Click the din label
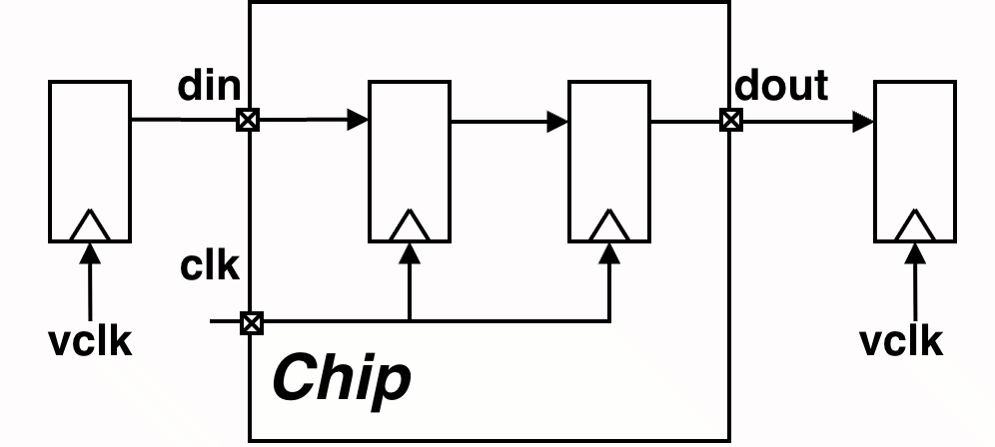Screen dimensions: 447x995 (x=209, y=86)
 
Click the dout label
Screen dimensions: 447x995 (x=781, y=86)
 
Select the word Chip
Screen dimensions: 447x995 (x=342, y=378)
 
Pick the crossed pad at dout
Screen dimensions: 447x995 (x=731, y=121)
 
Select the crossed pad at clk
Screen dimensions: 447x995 (x=252, y=322)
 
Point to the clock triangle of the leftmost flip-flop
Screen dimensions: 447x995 (x=90, y=226)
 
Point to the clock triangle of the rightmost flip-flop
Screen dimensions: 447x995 (x=915, y=226)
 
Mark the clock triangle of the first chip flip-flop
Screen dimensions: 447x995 (x=410, y=226)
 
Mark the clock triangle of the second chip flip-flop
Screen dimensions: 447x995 (x=609, y=226)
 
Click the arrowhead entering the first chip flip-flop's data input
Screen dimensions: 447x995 (x=359, y=121)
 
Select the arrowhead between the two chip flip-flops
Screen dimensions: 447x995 (x=558, y=122)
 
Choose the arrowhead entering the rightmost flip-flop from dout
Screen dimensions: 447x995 (x=864, y=122)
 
